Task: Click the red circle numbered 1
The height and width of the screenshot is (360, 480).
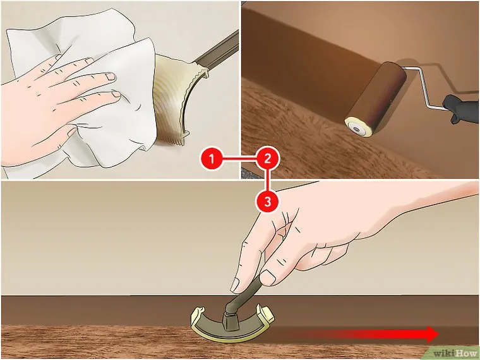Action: tap(212, 159)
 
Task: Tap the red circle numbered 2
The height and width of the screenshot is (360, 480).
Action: tap(268, 159)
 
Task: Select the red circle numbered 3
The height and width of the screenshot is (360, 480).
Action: tap(268, 201)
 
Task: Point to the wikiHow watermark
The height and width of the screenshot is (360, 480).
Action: tap(455, 354)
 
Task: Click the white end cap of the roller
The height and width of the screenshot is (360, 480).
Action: tap(356, 128)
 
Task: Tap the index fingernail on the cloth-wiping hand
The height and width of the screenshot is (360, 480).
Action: tap(109, 76)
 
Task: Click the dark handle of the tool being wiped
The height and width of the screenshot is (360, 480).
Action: tap(218, 51)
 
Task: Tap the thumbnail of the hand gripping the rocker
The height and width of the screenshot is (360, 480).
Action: tap(268, 278)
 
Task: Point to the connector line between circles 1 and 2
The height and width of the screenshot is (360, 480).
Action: tap(239, 159)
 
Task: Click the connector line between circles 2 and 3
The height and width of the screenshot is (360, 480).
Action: tap(268, 180)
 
